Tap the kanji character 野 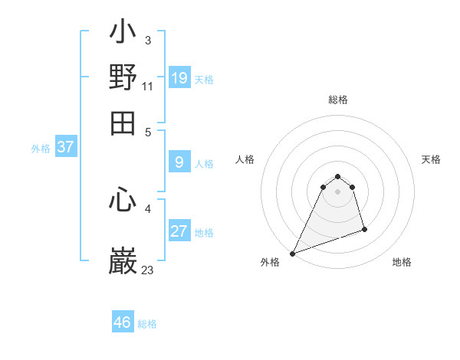(123, 78)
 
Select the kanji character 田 (123, 123)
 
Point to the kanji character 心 (123, 201)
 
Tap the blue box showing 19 (179, 77)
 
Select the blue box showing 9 (179, 162)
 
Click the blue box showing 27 (179, 231)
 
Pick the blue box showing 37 (65, 148)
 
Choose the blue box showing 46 (123, 322)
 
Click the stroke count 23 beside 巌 (148, 270)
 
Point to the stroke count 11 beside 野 (148, 86)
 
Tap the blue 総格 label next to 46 (147, 324)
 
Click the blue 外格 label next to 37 (40, 149)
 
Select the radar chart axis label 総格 (337, 100)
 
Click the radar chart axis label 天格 (431, 159)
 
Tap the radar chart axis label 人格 (245, 159)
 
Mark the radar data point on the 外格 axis (293, 254)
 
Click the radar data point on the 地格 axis (364, 229)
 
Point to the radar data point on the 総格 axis (337, 177)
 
